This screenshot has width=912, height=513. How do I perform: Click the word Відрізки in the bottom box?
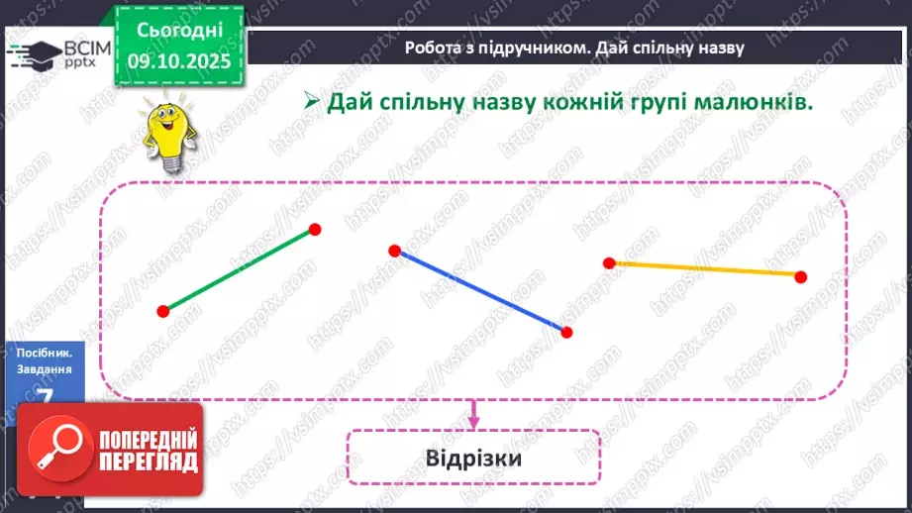473,460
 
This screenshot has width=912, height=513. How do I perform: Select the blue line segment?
480,291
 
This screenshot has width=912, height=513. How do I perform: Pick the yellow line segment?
705,268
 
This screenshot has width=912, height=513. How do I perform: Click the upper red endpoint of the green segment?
315,229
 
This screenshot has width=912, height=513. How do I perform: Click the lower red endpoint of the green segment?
163,311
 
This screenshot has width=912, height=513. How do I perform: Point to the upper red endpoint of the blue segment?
394,251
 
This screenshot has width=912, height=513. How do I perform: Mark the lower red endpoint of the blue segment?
566,332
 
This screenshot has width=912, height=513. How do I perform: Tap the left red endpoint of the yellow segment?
610,262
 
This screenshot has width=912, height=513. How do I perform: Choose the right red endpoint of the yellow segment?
800,276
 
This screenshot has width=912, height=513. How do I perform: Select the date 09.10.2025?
179,59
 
